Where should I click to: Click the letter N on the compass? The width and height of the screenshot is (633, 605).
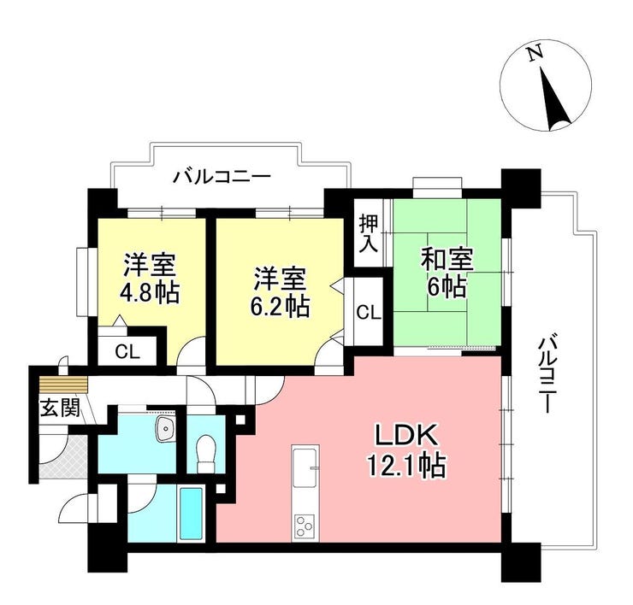click(535, 53)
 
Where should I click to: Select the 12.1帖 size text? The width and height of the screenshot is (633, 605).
click(406, 466)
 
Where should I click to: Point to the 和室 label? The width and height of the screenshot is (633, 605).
click(447, 261)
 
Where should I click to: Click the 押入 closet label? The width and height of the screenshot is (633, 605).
click(369, 233)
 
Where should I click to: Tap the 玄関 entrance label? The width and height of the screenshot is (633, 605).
click(59, 407)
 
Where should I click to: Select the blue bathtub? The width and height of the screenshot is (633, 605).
click(191, 514)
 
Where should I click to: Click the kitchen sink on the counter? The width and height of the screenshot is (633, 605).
click(305, 467)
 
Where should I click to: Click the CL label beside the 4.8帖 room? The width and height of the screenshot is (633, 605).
click(127, 352)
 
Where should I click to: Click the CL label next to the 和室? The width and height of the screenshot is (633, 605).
click(369, 313)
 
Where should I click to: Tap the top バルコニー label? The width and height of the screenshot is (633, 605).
click(222, 177)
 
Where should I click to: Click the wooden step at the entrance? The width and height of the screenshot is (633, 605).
click(63, 385)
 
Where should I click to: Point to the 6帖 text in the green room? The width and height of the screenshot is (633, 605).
click(447, 288)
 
